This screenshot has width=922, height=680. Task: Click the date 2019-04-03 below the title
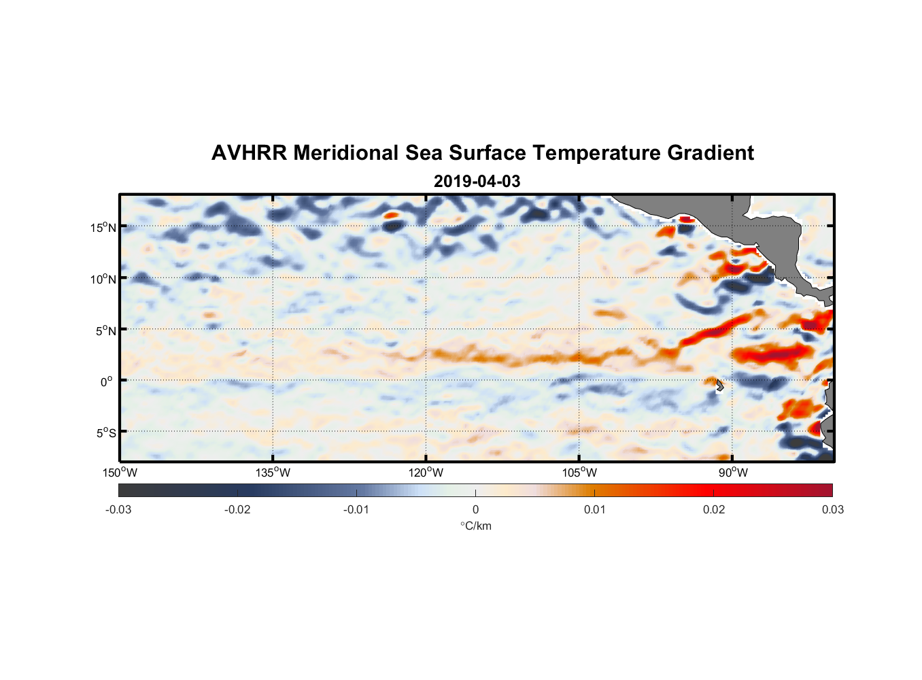pos(477,182)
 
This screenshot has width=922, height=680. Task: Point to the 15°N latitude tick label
pos(103,227)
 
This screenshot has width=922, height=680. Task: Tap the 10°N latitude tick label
pos(103,279)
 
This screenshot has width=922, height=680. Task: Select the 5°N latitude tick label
pos(105,330)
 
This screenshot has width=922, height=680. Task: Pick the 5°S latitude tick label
pos(105,432)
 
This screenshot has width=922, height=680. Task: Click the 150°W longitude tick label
pos(120,473)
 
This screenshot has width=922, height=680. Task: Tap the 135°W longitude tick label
pos(273,473)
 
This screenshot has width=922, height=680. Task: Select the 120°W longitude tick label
pos(426,473)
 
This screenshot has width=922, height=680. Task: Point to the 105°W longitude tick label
pos(579,473)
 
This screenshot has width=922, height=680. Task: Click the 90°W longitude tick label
pos(733,473)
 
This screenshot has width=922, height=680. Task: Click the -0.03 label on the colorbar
pos(118,509)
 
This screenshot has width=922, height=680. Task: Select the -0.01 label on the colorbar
pos(356,509)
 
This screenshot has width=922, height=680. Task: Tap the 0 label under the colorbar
pos(475,509)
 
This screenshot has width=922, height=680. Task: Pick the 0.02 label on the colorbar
pos(714,509)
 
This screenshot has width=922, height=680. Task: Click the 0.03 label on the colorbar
pos(832,509)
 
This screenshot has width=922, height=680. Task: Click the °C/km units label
pos(476,526)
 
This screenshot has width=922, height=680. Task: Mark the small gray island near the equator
pos(719,385)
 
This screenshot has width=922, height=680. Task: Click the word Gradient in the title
pos(711,153)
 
